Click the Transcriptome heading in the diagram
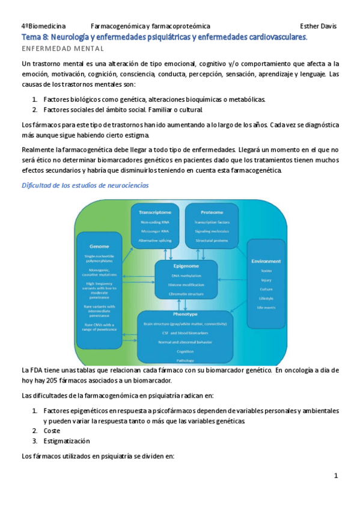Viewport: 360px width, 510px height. click(151, 214)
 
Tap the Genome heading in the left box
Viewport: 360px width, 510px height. click(99, 247)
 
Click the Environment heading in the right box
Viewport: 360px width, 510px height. click(266, 261)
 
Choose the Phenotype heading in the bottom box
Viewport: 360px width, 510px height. click(185, 315)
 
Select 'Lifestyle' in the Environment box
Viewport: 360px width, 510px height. click(266, 298)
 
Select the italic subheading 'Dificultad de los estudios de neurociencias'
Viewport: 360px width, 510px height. click(85, 185)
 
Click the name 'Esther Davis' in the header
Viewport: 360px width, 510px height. click(318, 26)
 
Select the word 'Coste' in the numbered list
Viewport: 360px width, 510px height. click(52, 431)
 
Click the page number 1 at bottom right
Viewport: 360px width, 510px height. click(337, 476)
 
